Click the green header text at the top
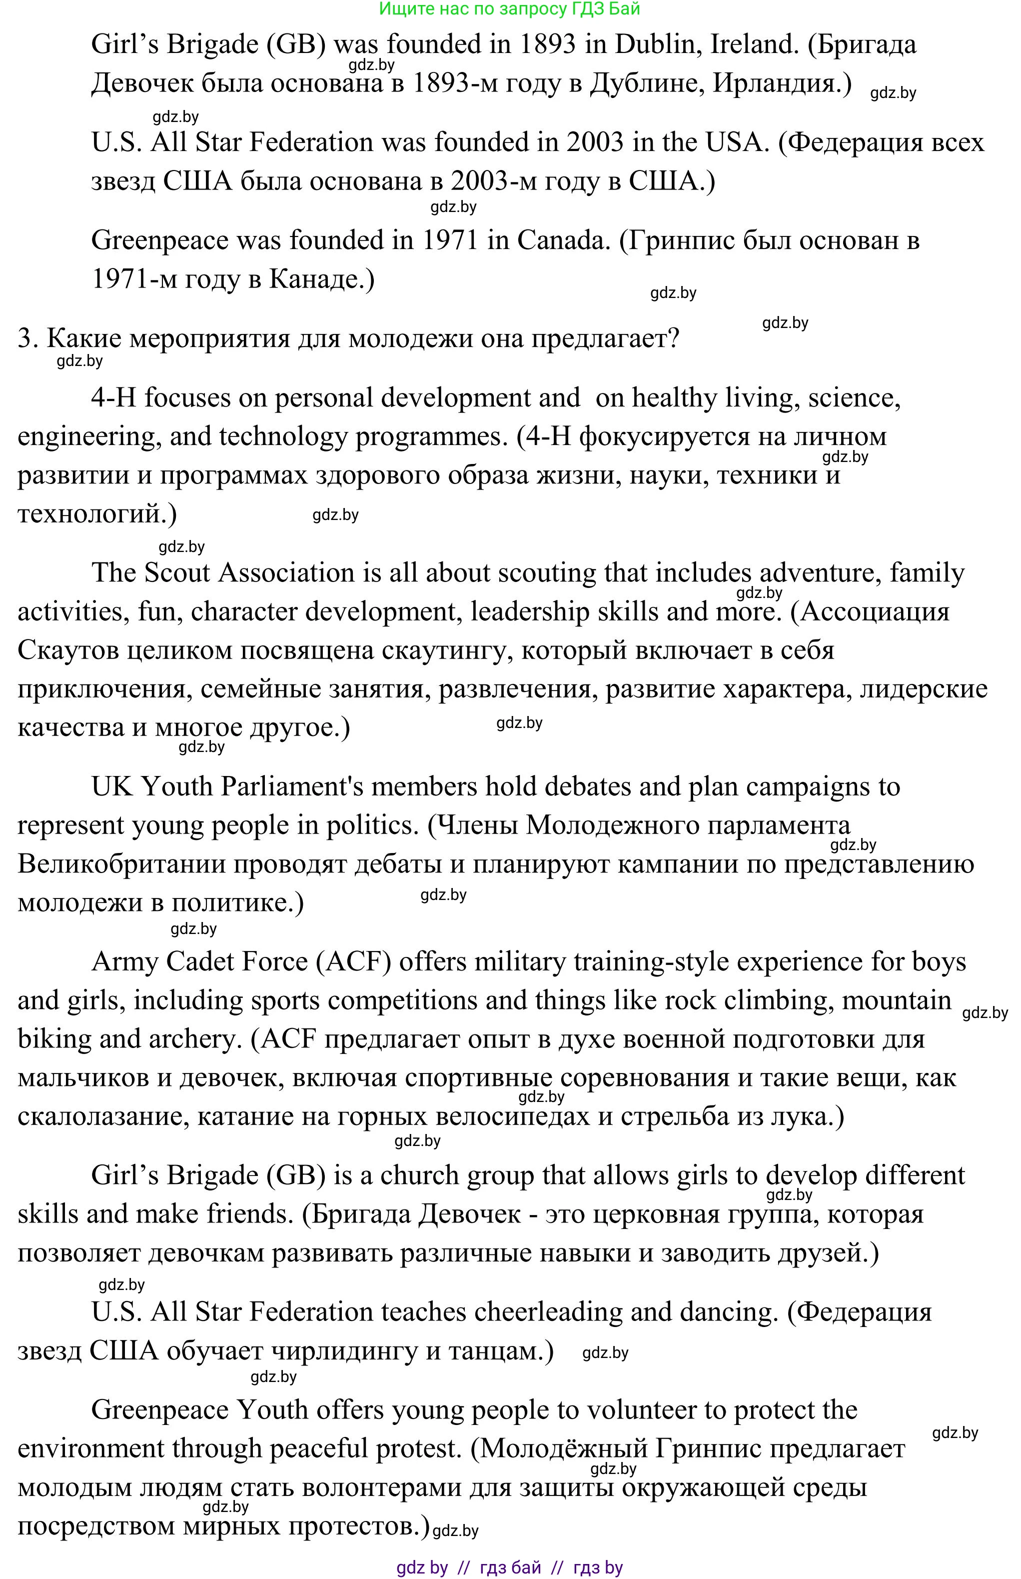(x=509, y=9)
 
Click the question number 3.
(x=27, y=339)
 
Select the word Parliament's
(x=292, y=787)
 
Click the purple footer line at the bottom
(x=509, y=1567)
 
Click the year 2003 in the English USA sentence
(x=595, y=142)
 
